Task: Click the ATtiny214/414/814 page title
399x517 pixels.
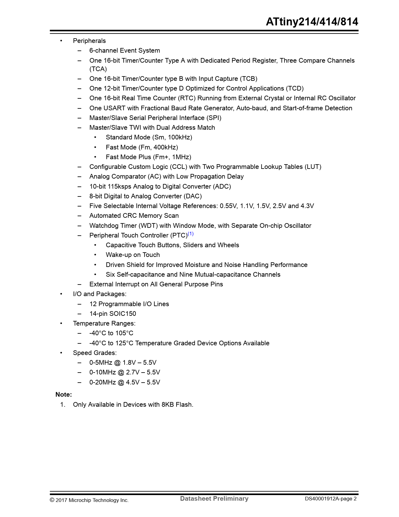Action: tap(312, 22)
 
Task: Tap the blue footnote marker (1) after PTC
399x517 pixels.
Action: tap(191, 234)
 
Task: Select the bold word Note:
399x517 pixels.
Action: tap(64, 394)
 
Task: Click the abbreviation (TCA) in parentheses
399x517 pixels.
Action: tap(98, 69)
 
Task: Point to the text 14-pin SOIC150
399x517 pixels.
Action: tap(113, 314)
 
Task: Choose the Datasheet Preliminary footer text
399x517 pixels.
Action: tap(214, 499)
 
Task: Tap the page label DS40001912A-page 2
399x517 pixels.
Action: tap(331, 499)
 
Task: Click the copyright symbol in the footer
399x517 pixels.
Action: tap(52, 500)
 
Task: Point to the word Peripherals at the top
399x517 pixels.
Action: tap(89, 41)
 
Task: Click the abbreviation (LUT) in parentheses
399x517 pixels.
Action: tap(313, 167)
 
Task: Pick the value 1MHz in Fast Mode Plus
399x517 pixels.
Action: tap(181, 157)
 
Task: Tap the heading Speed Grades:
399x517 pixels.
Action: tap(95, 353)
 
